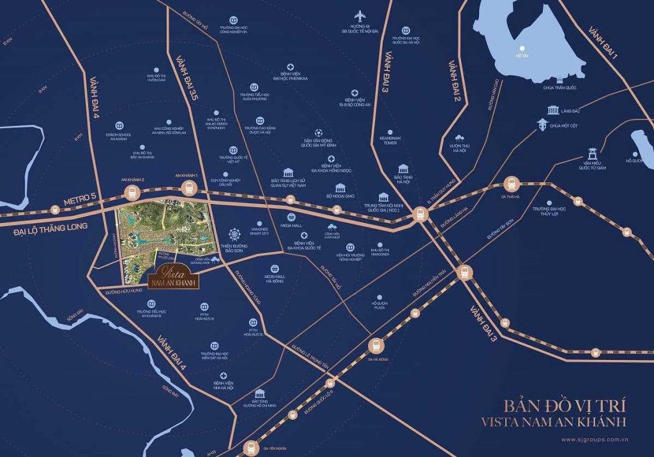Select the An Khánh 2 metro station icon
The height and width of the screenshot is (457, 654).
133,190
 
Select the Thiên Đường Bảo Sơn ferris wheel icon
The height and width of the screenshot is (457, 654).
234,231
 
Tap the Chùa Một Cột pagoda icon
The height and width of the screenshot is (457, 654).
544,125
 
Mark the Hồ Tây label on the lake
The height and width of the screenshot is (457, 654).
522,56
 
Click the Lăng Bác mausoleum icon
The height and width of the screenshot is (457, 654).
551,110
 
